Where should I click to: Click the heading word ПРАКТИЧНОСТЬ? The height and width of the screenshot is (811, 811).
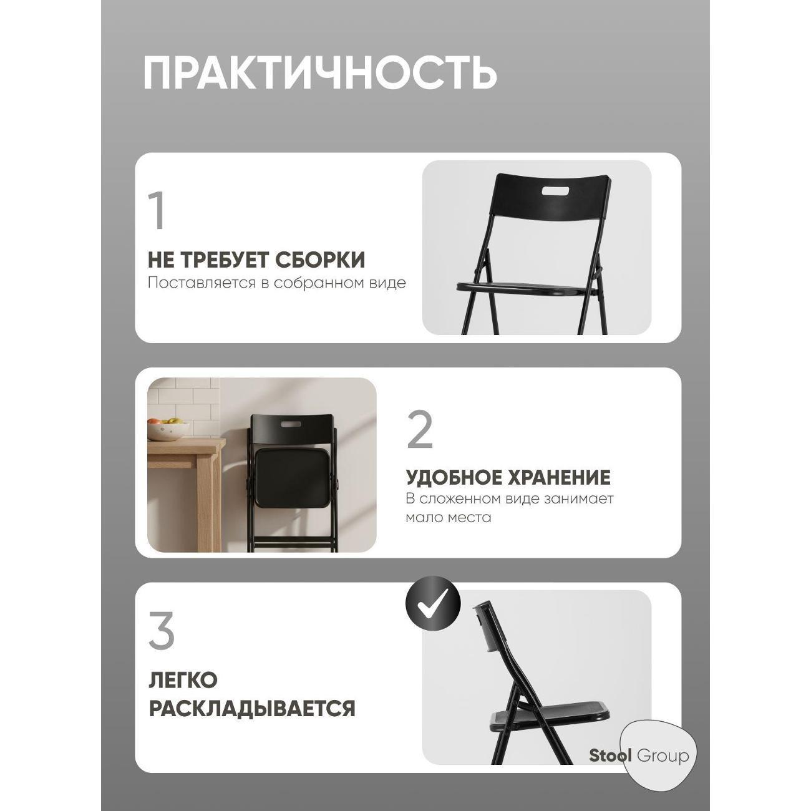pyautogui.click(x=320, y=74)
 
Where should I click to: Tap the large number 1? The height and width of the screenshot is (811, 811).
pyautogui.click(x=157, y=211)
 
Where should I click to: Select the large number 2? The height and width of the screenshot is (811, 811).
pyautogui.click(x=420, y=430)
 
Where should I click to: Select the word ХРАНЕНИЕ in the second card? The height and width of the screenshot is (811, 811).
pyautogui.click(x=560, y=478)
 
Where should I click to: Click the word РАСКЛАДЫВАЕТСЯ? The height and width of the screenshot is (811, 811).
pyautogui.click(x=251, y=709)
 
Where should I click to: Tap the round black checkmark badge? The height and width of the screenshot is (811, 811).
pyautogui.click(x=433, y=603)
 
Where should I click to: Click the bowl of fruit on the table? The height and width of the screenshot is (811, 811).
pyautogui.click(x=168, y=430)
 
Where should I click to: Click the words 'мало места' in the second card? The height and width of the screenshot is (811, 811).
pyautogui.click(x=448, y=518)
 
